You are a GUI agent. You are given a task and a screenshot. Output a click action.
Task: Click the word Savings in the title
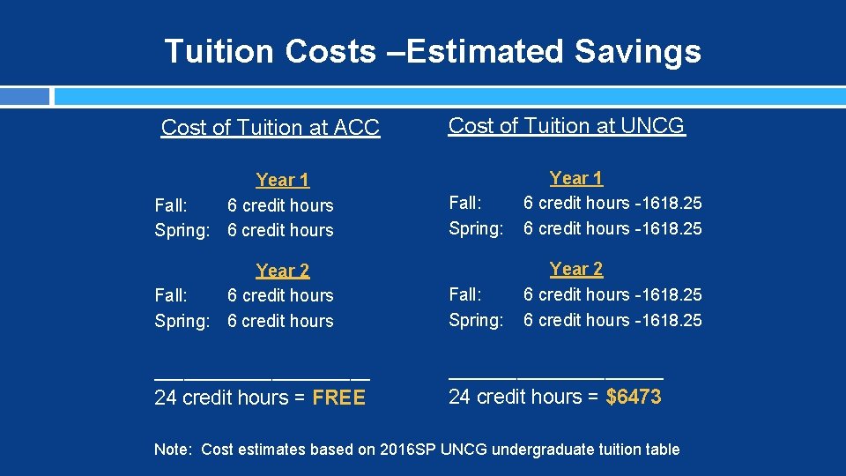(x=638, y=51)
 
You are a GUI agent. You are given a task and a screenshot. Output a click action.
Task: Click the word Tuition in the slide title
(x=220, y=51)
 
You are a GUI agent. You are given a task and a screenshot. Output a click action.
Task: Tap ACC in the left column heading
(x=357, y=128)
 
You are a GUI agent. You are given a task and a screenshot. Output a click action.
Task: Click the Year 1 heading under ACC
(x=282, y=181)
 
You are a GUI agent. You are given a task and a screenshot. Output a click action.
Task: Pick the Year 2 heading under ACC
(x=282, y=271)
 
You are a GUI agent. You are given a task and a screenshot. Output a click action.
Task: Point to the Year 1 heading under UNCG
(x=576, y=178)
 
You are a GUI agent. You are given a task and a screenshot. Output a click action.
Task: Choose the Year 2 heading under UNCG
(x=576, y=269)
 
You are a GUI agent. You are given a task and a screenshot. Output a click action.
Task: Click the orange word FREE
(x=338, y=398)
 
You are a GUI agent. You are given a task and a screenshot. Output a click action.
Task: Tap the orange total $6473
(x=634, y=398)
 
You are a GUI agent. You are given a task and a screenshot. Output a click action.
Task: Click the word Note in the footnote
(x=173, y=450)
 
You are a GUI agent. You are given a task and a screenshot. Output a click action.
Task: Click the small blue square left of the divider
(x=25, y=96)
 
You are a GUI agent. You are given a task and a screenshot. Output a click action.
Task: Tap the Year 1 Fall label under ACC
(x=171, y=205)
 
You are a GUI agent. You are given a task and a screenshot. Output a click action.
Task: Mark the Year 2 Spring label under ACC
(x=182, y=321)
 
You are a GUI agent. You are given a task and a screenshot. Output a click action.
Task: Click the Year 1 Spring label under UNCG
(x=476, y=228)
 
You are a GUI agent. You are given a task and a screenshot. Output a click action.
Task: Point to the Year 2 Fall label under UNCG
(x=464, y=294)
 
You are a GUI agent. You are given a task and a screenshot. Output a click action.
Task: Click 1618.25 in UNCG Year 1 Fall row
(x=672, y=203)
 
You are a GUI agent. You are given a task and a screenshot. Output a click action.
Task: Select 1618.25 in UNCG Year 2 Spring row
(x=672, y=320)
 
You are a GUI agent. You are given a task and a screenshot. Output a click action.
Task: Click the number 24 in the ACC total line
(x=165, y=398)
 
